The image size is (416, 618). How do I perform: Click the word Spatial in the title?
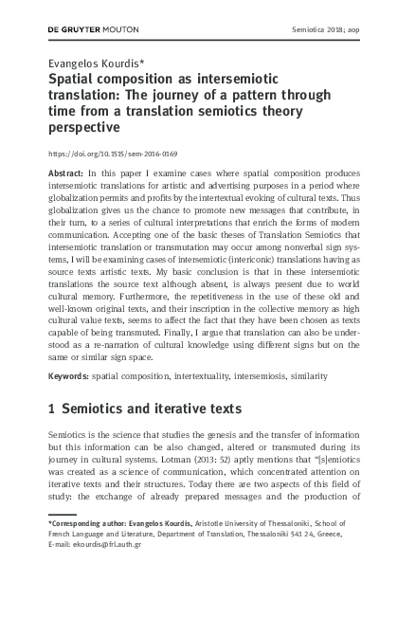pyautogui.click(x=75, y=80)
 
